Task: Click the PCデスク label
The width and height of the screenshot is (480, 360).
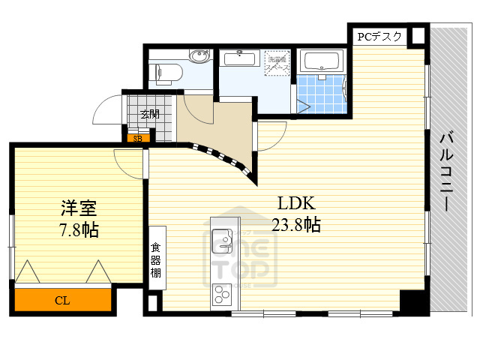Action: pyautogui.click(x=379, y=36)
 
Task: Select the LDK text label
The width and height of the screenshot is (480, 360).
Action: pyautogui.click(x=296, y=203)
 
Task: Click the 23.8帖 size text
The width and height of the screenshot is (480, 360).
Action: pyautogui.click(x=297, y=224)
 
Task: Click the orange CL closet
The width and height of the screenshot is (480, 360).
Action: pyautogui.click(x=64, y=301)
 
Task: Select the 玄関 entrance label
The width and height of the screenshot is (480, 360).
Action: pyautogui.click(x=149, y=115)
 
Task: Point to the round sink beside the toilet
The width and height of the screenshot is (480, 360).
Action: pyautogui.click(x=199, y=57)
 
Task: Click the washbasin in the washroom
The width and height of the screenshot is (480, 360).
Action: pyautogui.click(x=240, y=60)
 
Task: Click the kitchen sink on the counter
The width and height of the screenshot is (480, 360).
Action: pyautogui.click(x=223, y=241)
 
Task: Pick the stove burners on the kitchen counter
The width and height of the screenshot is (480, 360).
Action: pyautogui.click(x=223, y=292)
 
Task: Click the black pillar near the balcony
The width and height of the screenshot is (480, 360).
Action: pyautogui.click(x=412, y=301)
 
